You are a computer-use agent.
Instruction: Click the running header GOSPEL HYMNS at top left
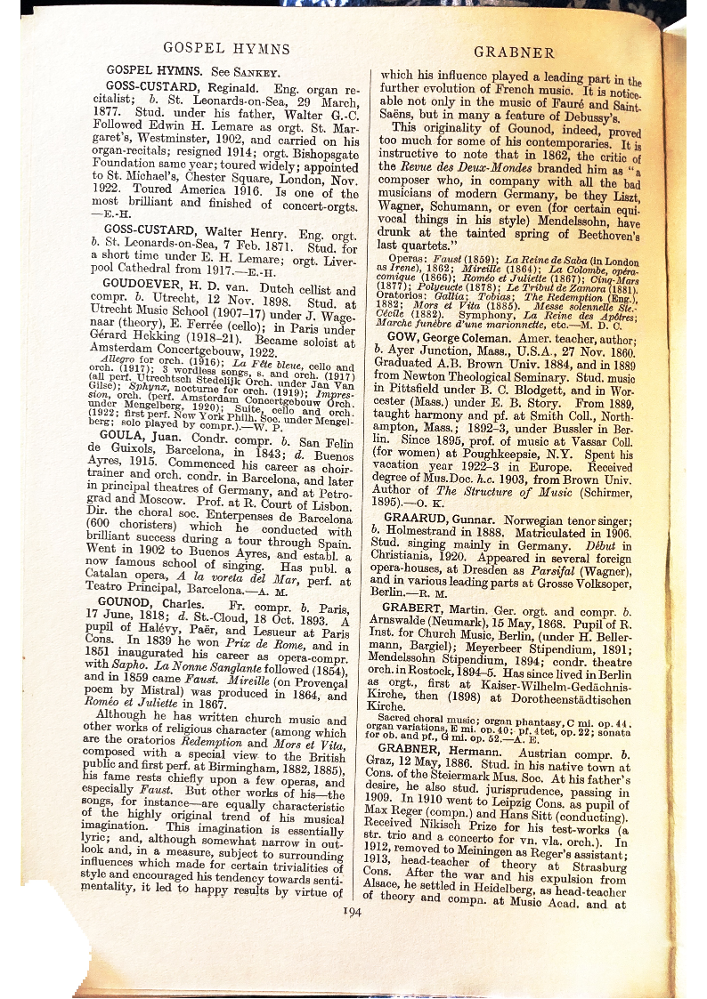coord(227,49)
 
